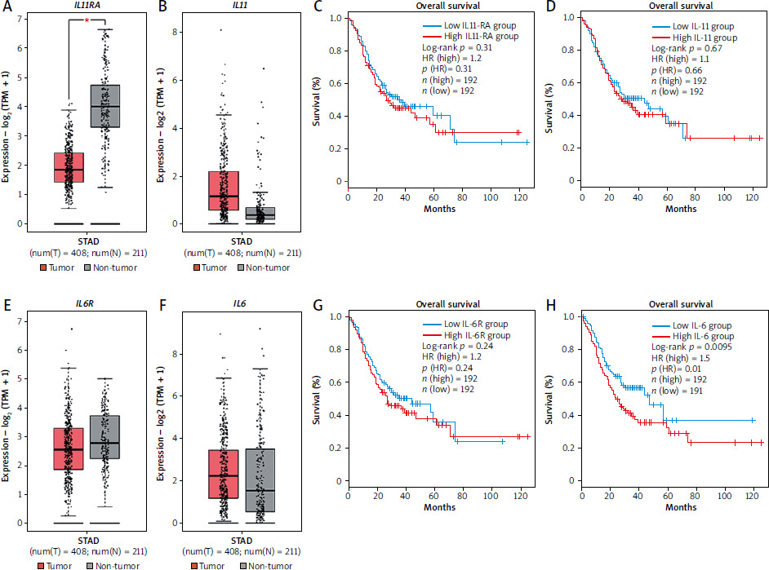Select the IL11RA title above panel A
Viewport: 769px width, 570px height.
click(x=86, y=7)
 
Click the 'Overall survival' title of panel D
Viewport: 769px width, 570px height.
click(x=671, y=7)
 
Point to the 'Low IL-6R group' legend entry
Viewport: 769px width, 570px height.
click(x=463, y=325)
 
